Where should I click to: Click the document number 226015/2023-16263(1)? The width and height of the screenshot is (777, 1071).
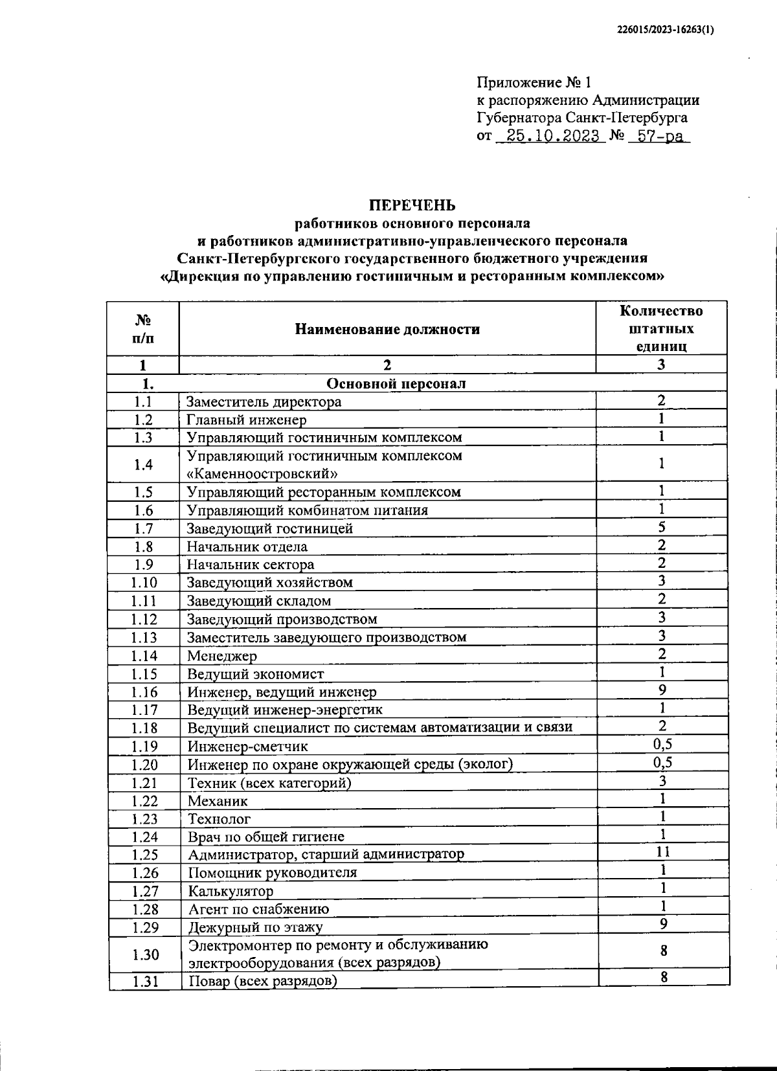664,29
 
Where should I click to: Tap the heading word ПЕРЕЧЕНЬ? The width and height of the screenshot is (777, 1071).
412,206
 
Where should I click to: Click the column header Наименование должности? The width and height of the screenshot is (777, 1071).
387,329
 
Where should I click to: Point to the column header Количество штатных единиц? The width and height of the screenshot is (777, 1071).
661,328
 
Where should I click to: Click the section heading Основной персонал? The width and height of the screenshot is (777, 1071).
396,383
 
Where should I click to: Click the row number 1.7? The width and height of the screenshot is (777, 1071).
143,528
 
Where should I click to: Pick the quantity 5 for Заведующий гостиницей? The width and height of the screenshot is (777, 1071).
662,527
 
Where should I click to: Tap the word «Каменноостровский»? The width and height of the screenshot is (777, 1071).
262,473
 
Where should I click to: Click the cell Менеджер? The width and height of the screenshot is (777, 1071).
221,656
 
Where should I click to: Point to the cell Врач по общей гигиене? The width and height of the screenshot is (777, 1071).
265,837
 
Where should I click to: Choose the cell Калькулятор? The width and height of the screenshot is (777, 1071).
231,891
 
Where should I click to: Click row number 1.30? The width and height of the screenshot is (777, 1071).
145,954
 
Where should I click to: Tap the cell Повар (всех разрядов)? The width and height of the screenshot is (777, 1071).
262,981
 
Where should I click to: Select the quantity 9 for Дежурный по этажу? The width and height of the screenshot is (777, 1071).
664,924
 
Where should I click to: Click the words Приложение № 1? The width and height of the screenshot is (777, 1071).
534,82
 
